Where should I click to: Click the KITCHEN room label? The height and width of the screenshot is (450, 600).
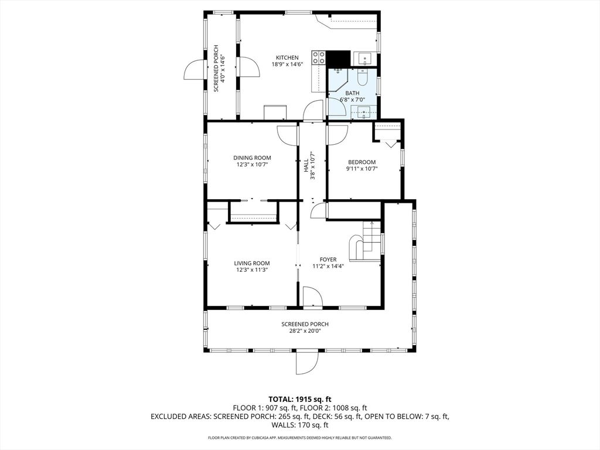(287, 57)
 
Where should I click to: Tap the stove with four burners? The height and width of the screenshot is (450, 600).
(319, 57)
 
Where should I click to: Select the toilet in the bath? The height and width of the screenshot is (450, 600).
(362, 77)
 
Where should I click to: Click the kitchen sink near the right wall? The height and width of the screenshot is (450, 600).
(363, 58)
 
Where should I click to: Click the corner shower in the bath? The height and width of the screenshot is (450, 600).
(338, 79)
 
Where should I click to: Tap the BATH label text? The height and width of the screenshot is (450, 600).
(352, 93)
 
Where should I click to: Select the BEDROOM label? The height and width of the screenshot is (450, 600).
(362, 162)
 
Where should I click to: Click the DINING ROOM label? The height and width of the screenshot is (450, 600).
(252, 158)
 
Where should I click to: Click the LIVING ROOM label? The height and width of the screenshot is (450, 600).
(252, 263)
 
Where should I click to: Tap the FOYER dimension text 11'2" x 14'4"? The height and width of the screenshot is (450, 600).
(328, 265)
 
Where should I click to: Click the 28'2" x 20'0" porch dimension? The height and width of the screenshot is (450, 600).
(305, 331)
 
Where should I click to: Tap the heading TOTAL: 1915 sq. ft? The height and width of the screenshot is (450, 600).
(300, 399)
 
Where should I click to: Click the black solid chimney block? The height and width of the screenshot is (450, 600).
(338, 59)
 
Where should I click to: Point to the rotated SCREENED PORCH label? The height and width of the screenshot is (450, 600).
(216, 68)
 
